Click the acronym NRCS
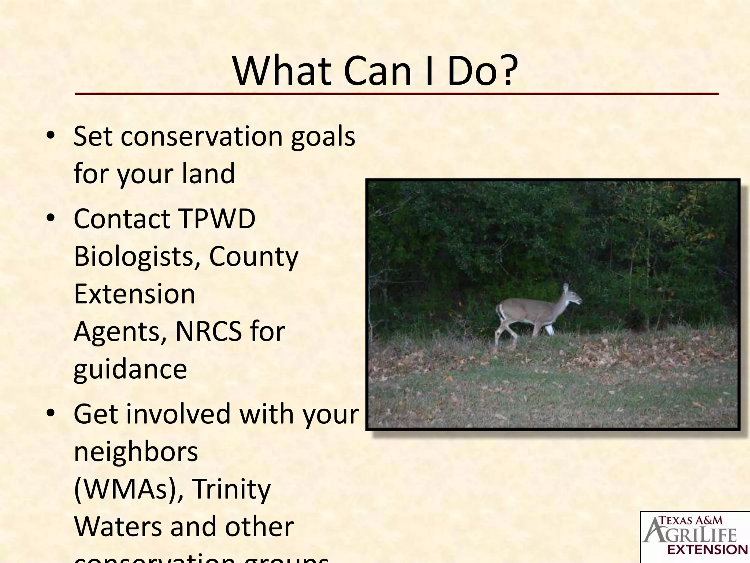tap(209, 331)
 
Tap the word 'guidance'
tap(130, 369)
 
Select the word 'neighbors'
tap(136, 452)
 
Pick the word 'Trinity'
tap(231, 489)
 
